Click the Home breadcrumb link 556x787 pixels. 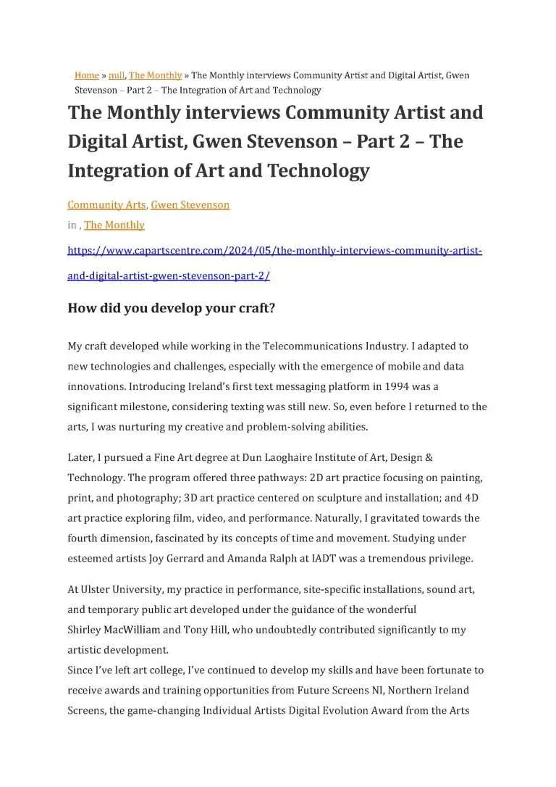coord(86,75)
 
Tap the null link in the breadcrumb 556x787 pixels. coord(116,75)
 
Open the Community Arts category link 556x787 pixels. coord(106,205)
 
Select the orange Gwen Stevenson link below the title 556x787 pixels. coord(190,205)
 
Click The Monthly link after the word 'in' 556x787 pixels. coord(114,225)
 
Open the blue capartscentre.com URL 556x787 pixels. coord(274,251)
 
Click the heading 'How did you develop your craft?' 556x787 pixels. coord(171,308)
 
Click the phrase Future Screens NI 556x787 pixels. coord(344,691)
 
